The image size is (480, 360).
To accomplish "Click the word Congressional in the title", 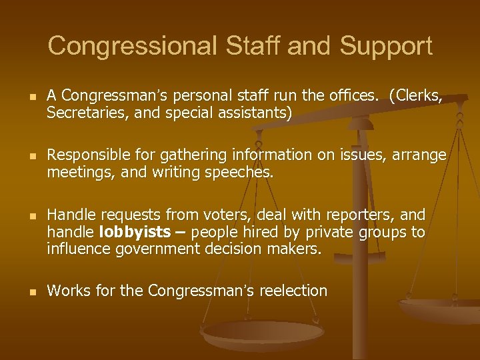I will tap(133, 46).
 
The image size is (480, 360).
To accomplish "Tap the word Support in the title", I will tap(386, 46).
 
